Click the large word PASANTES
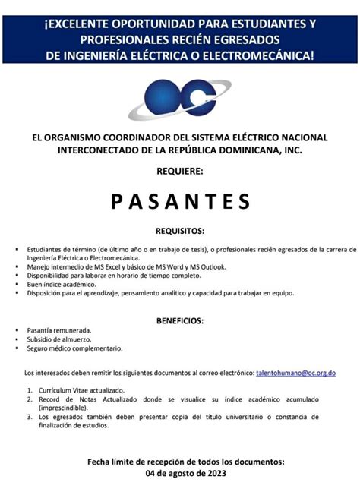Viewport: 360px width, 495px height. click(180, 201)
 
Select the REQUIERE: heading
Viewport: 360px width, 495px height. click(180, 172)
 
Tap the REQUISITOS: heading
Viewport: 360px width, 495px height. click(180, 230)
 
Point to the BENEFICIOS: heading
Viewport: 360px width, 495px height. click(180, 320)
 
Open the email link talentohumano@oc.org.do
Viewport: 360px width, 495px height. click(295, 373)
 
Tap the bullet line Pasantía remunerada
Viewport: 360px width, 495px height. click(59, 330)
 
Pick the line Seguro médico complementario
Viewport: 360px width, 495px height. click(74, 348)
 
